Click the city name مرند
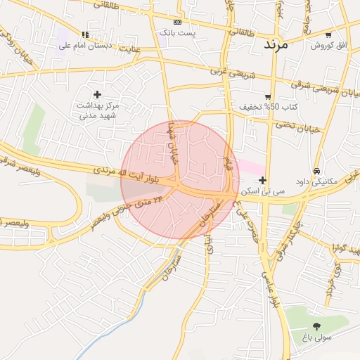pos(276,44)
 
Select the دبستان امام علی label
pos(84,45)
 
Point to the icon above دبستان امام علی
pos(85,34)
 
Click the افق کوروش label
pos(329,45)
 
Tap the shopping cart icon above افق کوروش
pos(328,35)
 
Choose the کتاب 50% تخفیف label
pos(269,107)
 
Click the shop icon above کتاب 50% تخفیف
pos(268,97)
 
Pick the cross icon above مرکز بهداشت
pos(97,94)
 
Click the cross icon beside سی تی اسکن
pos(262,181)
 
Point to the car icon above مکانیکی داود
pos(317,171)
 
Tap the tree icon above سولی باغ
pos(316,326)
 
